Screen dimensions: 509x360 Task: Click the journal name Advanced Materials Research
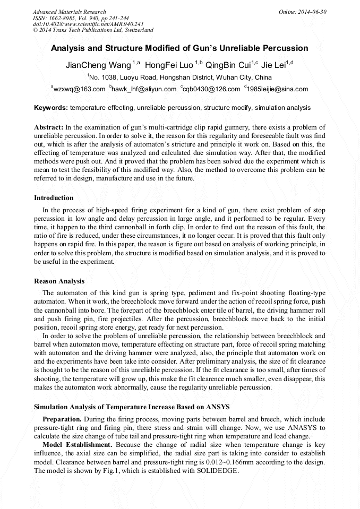point(70,12)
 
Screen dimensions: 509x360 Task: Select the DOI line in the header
point(88,24)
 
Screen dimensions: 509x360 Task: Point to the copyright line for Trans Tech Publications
point(93,30)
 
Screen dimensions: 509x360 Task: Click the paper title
point(179,48)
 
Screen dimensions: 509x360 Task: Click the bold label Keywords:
point(51,108)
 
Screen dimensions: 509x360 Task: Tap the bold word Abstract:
point(49,127)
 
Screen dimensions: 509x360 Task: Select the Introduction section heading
point(54,198)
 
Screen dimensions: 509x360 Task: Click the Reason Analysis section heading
point(59,281)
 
